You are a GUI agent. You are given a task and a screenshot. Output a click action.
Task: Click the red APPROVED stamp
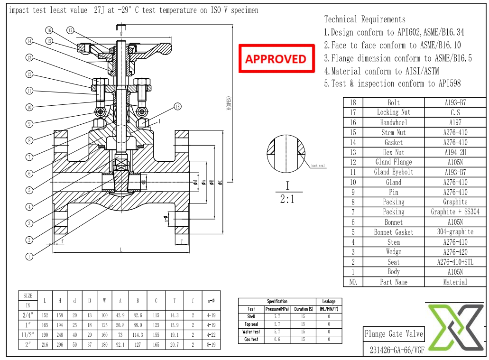[277, 58]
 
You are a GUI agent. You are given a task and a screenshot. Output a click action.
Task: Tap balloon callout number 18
[177, 106]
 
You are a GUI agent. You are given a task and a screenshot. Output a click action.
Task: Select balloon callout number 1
[29, 257]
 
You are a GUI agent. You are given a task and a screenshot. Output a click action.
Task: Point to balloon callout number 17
[71, 31]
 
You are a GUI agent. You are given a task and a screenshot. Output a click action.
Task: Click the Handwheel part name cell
[393, 122]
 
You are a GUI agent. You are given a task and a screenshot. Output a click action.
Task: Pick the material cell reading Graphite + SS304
[455, 212]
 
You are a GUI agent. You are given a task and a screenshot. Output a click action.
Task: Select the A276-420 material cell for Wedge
[455, 252]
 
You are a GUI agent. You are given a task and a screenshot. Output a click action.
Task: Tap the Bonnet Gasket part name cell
[393, 232]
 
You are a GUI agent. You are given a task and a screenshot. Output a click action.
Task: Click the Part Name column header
[393, 282]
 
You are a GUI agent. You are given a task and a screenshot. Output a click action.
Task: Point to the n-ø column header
[211, 300]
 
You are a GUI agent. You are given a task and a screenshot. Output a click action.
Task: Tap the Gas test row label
[251, 340]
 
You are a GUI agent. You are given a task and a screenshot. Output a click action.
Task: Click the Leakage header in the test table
[328, 301]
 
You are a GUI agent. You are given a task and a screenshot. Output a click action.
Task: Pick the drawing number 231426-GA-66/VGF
[393, 350]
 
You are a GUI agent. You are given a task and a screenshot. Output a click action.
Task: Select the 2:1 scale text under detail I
[287, 199]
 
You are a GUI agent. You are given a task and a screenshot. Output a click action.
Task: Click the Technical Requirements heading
[364, 19]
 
